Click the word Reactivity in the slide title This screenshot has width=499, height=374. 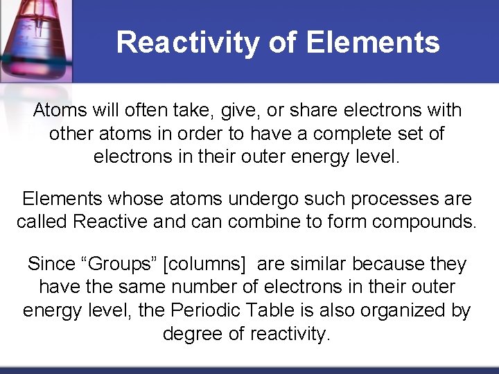188,42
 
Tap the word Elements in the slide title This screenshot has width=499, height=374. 372,42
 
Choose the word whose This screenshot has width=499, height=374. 137,199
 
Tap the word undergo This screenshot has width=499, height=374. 263,199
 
